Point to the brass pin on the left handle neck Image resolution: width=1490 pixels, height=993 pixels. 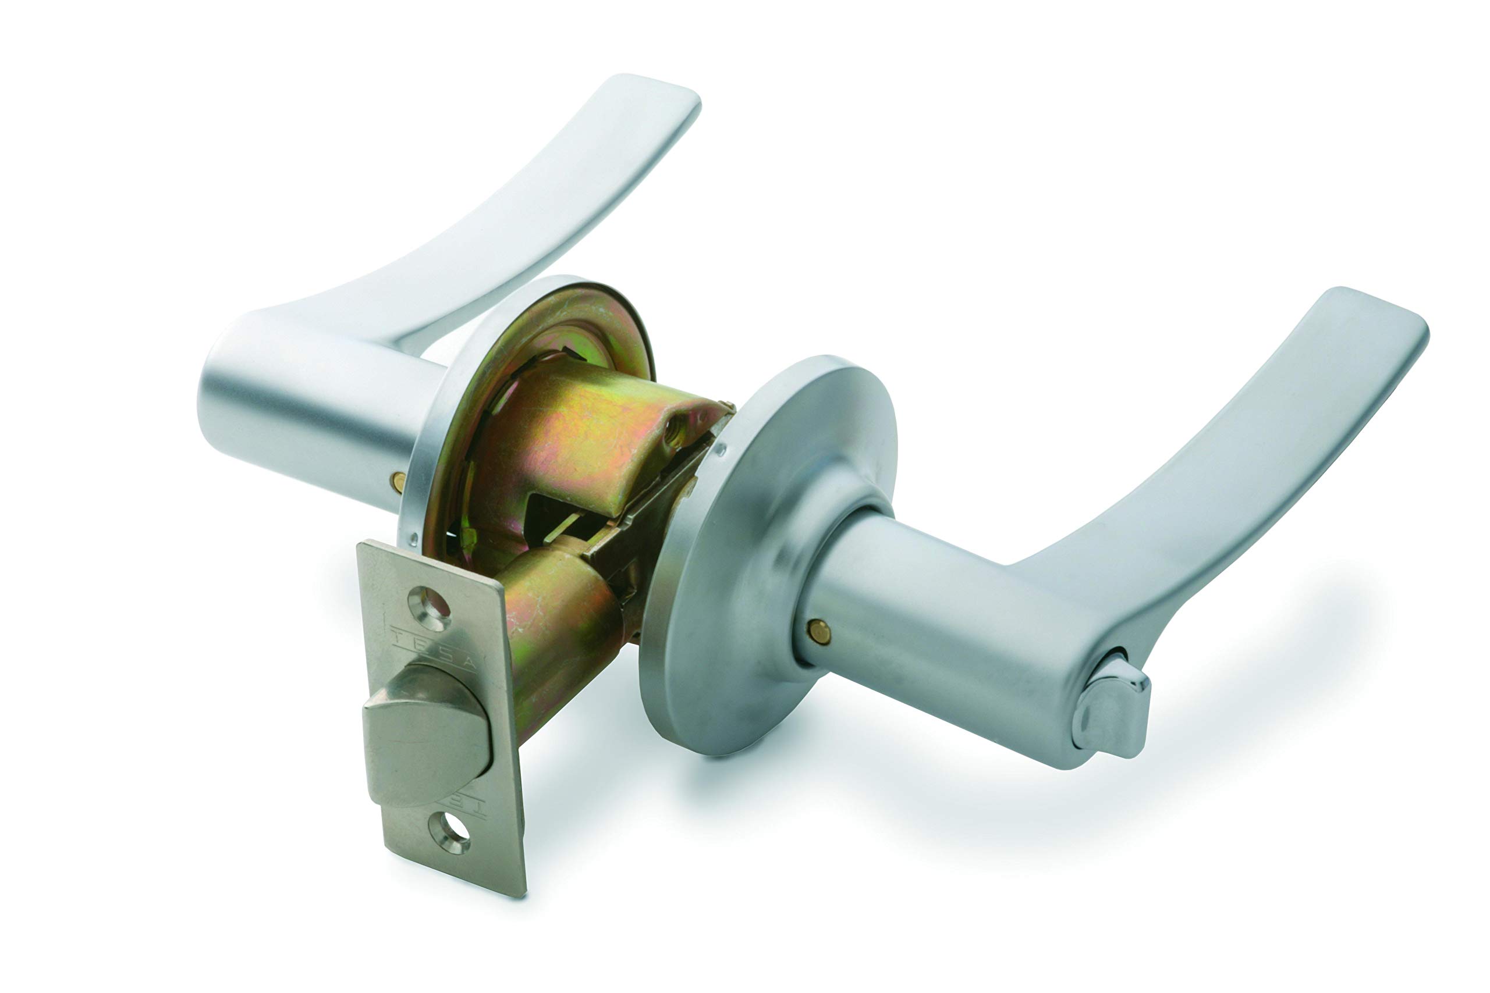(398, 483)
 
